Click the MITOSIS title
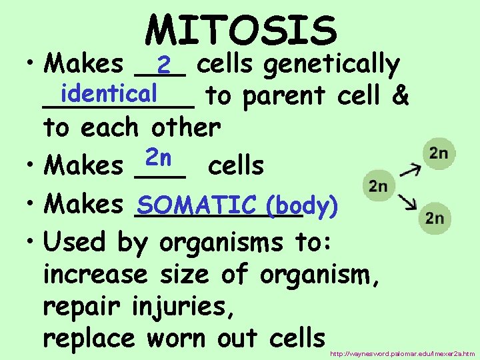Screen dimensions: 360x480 [241, 30]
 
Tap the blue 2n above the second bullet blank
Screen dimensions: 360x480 [159, 158]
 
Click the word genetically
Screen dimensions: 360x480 [331, 65]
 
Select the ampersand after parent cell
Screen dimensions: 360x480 [400, 96]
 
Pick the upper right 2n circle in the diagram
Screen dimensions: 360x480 [438, 154]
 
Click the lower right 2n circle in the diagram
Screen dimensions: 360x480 [434, 217]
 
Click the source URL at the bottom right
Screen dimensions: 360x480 [402, 353]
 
